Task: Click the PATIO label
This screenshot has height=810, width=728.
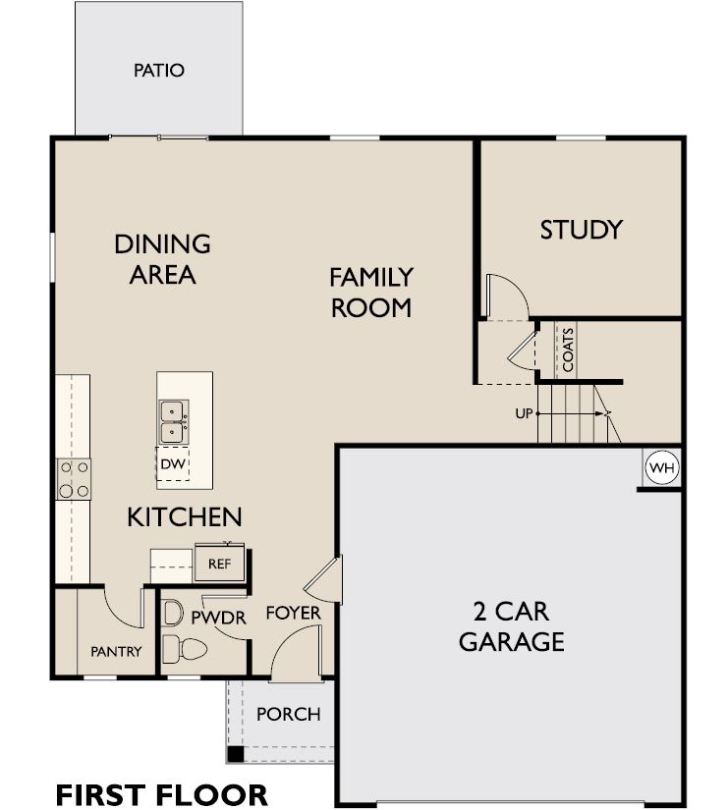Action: pyautogui.click(x=159, y=71)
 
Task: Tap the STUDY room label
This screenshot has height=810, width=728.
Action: pyautogui.click(x=582, y=230)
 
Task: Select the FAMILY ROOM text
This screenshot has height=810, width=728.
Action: pyautogui.click(x=370, y=292)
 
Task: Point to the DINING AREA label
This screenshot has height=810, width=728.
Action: pyautogui.click(x=162, y=258)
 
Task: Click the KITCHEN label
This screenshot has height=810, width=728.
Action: pyautogui.click(x=185, y=516)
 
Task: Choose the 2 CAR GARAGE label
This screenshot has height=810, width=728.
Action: pyautogui.click(x=511, y=626)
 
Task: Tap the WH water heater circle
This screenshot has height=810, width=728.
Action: pyautogui.click(x=661, y=469)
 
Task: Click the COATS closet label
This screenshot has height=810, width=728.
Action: pyautogui.click(x=568, y=350)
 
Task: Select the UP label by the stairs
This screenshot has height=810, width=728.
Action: pyautogui.click(x=524, y=413)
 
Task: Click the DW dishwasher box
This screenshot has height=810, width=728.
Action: pyautogui.click(x=173, y=463)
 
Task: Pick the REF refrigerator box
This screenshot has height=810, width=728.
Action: pyautogui.click(x=220, y=564)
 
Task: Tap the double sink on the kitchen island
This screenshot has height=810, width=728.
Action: pyautogui.click(x=173, y=420)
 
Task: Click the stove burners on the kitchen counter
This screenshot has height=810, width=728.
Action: pyautogui.click(x=74, y=479)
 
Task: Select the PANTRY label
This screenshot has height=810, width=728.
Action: pyautogui.click(x=116, y=651)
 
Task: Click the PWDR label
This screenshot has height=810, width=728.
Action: pyautogui.click(x=210, y=619)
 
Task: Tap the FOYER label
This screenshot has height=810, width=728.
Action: pyautogui.click(x=294, y=614)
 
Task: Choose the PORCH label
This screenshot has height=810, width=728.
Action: pyautogui.click(x=289, y=714)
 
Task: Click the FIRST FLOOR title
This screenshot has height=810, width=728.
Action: pyautogui.click(x=161, y=793)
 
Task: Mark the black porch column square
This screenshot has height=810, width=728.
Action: pyautogui.click(x=235, y=754)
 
